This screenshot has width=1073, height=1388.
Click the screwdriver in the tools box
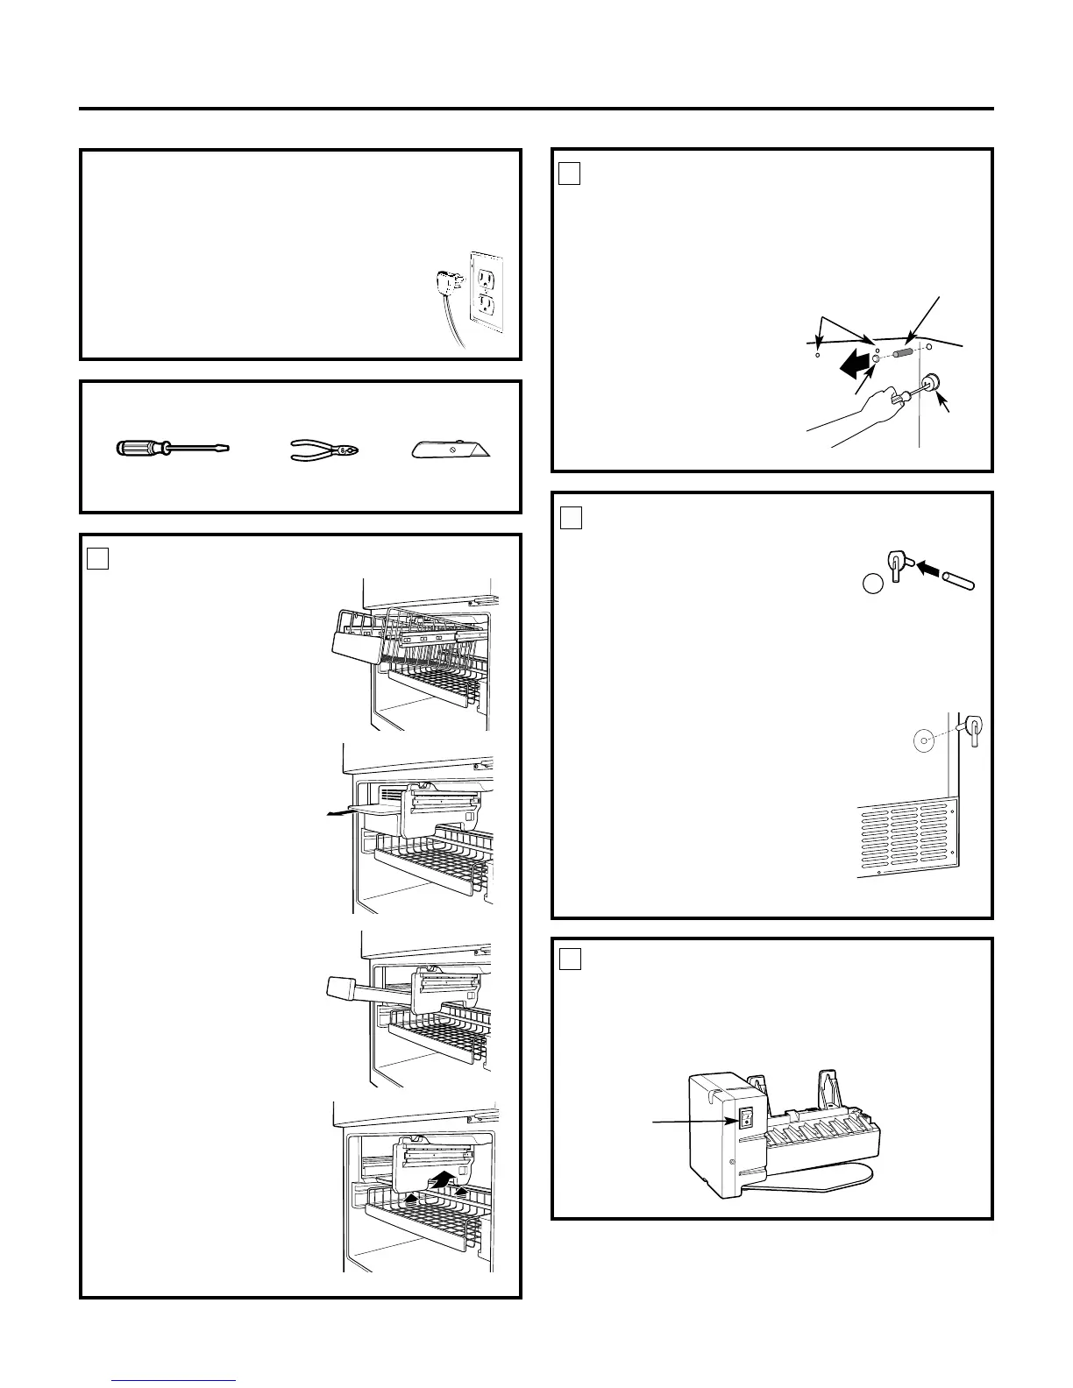coord(173,449)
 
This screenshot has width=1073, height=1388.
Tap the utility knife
coord(451,450)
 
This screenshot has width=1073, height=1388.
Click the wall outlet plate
coord(487,297)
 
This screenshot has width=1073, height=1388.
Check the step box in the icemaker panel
coord(570,959)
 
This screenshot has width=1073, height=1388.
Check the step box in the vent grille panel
coord(570,518)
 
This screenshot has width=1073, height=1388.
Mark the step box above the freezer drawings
coord(97,557)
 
